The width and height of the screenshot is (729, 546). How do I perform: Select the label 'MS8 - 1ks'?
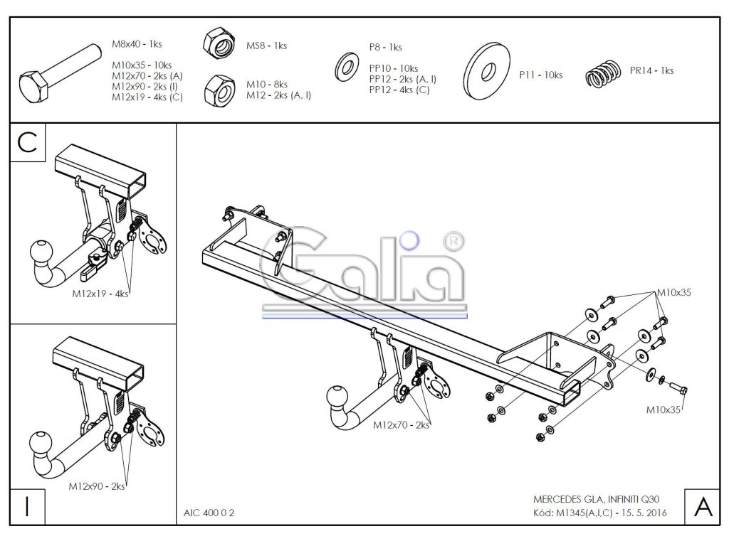pyautogui.click(x=266, y=45)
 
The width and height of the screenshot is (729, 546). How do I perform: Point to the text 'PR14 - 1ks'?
pyautogui.click(x=651, y=70)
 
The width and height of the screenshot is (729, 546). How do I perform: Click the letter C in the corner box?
pyautogui.click(x=27, y=142)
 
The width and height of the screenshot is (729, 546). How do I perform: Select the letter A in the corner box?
pyautogui.click(x=702, y=506)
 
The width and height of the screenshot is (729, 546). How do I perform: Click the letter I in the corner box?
pyautogui.click(x=27, y=506)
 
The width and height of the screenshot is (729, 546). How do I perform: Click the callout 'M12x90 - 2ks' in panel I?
pyautogui.click(x=96, y=486)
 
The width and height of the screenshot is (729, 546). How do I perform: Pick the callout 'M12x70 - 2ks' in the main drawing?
pyautogui.click(x=401, y=424)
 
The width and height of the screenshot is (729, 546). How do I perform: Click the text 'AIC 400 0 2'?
pyautogui.click(x=207, y=511)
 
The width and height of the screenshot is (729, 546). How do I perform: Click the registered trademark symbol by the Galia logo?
pyautogui.click(x=451, y=242)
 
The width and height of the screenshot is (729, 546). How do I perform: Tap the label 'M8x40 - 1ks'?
pyautogui.click(x=137, y=44)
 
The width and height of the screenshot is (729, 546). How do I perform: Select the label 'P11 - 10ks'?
pyautogui.click(x=540, y=75)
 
